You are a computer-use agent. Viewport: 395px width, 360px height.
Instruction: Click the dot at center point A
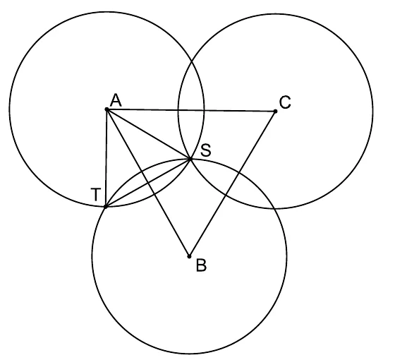(x=107, y=109)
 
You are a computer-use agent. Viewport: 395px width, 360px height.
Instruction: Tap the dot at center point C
(x=275, y=112)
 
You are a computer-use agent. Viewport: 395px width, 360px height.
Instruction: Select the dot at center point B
(x=189, y=257)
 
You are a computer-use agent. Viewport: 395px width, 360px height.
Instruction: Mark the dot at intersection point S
(x=190, y=159)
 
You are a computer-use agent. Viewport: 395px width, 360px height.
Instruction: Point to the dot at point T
(x=106, y=207)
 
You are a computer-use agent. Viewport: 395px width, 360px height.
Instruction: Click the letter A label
(x=116, y=100)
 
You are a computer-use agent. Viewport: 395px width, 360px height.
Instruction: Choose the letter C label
(x=285, y=102)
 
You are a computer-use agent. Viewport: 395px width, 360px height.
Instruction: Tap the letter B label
(x=201, y=265)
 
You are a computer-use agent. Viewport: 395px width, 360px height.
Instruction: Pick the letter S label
(x=206, y=150)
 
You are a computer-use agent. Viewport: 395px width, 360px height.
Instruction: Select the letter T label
(x=96, y=195)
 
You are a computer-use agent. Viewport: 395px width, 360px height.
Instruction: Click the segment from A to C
(x=191, y=110)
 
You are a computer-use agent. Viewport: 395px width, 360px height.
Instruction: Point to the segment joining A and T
(x=107, y=158)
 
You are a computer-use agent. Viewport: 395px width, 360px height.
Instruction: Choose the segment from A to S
(x=149, y=134)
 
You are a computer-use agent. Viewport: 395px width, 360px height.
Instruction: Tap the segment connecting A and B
(x=148, y=183)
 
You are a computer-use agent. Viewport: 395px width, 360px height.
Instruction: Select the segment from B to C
(x=232, y=184)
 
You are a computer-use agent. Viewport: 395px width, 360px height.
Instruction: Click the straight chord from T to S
(x=148, y=183)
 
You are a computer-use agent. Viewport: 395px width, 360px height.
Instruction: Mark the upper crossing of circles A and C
(x=192, y=61)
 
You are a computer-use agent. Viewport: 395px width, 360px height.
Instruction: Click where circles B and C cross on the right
(x=274, y=208)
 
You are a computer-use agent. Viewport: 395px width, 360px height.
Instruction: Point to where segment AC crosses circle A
(x=204, y=110)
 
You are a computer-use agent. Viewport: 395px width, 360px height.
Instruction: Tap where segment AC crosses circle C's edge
(x=178, y=110)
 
